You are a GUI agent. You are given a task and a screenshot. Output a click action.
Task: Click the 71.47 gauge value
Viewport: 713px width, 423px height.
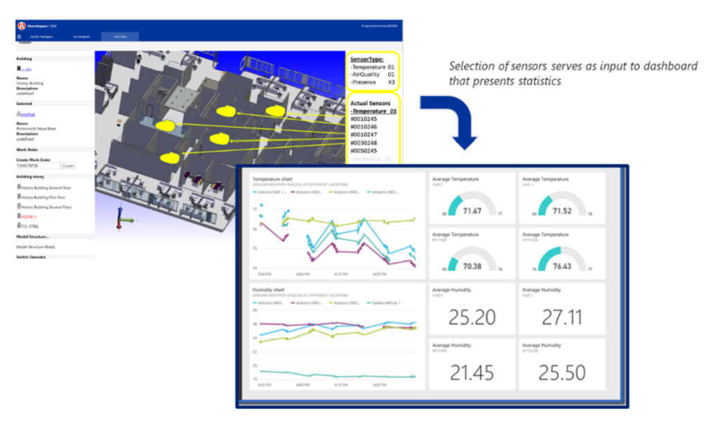point(473,210)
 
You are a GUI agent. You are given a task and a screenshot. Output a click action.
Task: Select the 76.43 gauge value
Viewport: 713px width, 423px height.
point(561,265)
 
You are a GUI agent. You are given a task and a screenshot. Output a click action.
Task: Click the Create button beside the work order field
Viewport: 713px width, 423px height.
point(68,166)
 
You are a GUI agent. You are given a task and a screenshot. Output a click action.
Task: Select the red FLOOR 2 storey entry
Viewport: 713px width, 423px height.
point(29,216)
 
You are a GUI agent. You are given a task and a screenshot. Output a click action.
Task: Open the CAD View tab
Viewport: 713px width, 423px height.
point(118,36)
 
